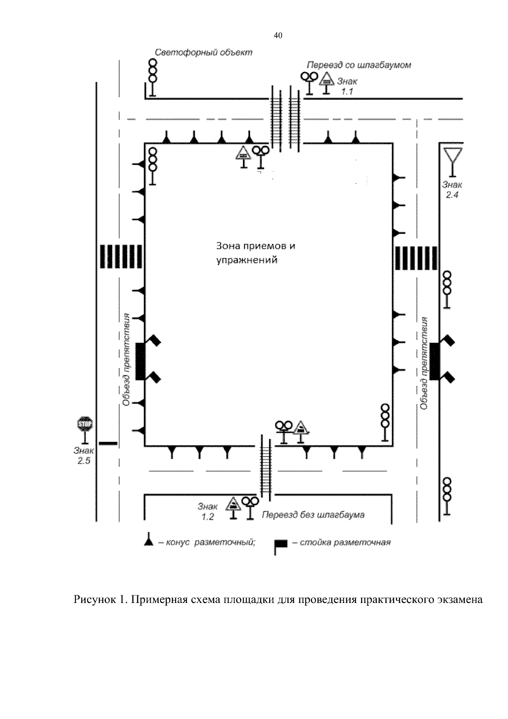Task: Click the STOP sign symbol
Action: [84, 423]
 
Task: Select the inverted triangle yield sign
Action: [453, 155]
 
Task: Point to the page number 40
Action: [278, 36]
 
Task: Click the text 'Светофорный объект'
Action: [203, 53]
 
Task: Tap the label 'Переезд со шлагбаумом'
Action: [359, 65]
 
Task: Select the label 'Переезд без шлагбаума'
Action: [313, 515]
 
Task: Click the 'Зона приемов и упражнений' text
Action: [255, 253]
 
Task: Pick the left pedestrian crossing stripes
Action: [120, 256]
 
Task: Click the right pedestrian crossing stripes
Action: [416, 257]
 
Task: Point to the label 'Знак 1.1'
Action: [347, 86]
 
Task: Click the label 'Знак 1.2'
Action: [207, 511]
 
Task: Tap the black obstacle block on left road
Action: [140, 361]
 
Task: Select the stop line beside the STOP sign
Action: [108, 443]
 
